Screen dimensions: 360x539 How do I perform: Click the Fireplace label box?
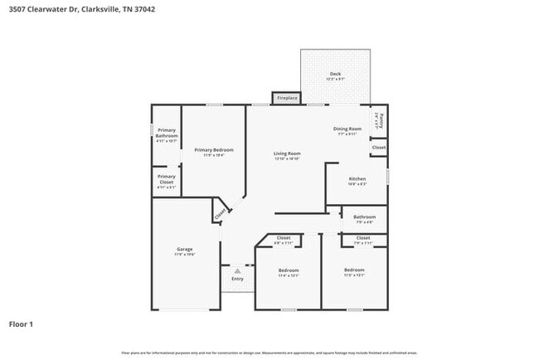tap(287, 98)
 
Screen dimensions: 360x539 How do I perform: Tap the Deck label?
tap(335, 75)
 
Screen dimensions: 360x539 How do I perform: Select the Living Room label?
tap(287, 153)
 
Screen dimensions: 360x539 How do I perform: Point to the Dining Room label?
tap(347, 129)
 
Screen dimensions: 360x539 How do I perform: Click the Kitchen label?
tap(357, 179)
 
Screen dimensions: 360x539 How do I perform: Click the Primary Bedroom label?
tap(214, 150)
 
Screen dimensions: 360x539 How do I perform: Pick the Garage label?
tap(184, 250)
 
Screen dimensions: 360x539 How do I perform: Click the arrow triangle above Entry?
tap(238, 271)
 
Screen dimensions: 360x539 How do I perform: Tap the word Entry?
tap(238, 279)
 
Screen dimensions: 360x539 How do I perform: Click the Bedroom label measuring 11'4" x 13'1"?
tap(288, 270)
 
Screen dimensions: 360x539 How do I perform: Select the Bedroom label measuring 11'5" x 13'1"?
tap(354, 270)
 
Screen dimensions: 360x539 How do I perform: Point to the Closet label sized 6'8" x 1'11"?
tap(283, 238)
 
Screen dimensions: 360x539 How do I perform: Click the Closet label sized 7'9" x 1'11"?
tap(363, 238)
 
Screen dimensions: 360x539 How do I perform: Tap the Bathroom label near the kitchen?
tap(365, 217)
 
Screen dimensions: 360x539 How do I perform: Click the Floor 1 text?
tap(22, 324)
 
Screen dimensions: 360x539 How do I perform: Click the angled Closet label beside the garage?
tap(220, 213)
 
